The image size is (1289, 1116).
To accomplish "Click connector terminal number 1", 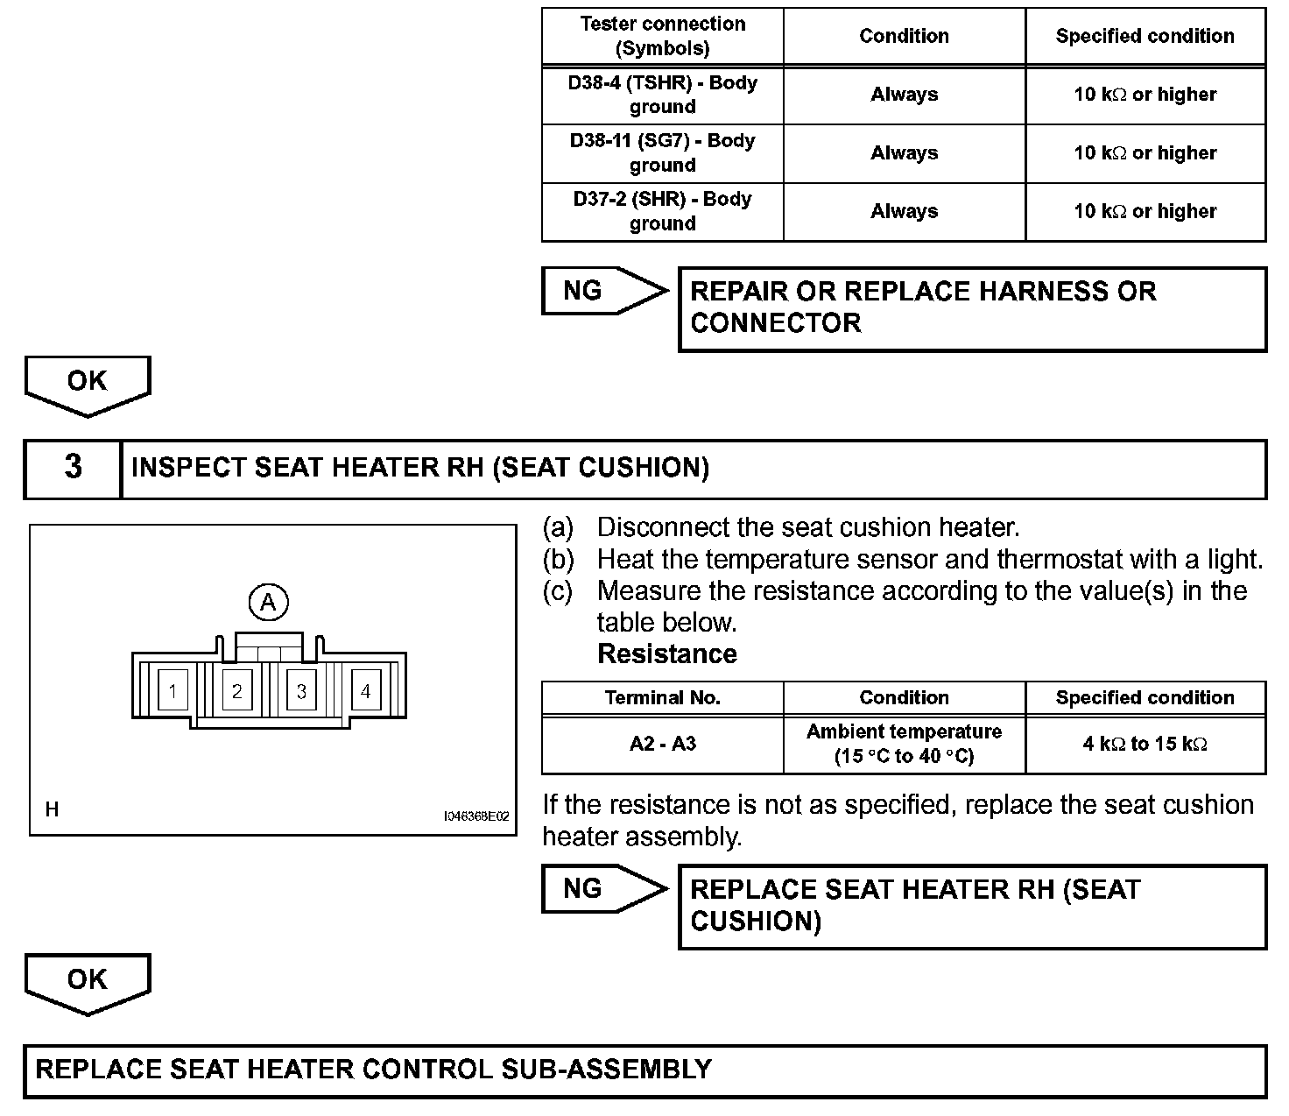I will [x=173, y=691].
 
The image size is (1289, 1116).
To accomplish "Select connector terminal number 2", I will [x=236, y=691].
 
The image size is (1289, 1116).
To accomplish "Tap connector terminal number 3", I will [x=301, y=691].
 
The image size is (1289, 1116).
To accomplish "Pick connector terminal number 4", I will [x=366, y=691].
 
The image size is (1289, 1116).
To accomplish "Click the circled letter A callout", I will [x=268, y=602].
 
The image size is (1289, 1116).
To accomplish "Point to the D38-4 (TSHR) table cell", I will [x=662, y=95].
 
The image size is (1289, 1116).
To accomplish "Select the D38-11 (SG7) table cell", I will [x=662, y=152].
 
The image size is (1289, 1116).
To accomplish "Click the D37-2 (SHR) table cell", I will [x=662, y=211].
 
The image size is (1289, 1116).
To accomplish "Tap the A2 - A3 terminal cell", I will [x=662, y=744].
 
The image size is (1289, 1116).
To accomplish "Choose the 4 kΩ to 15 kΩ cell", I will [x=1145, y=744].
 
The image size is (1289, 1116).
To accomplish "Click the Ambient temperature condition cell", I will [x=904, y=744].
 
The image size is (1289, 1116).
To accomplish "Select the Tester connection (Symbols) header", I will [x=662, y=36].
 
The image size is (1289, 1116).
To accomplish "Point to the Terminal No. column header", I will [x=662, y=697].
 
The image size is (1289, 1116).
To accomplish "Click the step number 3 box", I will [x=73, y=468].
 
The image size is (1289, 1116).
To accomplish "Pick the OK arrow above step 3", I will [x=88, y=384].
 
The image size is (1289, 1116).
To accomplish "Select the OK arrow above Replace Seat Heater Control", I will [x=88, y=982].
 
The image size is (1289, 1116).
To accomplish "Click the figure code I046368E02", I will [x=476, y=816].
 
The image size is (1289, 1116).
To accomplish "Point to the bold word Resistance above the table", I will [x=666, y=654].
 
